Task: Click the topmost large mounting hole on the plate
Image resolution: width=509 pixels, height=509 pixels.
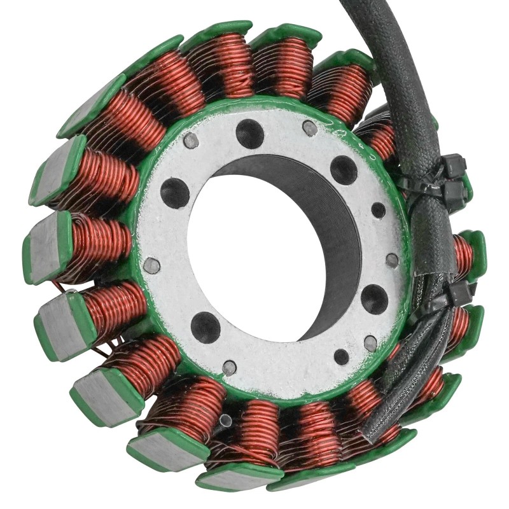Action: (x=250, y=134)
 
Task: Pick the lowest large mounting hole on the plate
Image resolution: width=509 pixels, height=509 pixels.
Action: (x=206, y=327)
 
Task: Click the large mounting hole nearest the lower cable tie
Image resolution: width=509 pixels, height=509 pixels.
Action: (x=374, y=298)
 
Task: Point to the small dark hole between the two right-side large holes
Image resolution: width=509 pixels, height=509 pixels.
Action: (x=379, y=211)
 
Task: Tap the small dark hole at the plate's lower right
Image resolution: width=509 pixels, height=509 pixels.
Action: (x=342, y=357)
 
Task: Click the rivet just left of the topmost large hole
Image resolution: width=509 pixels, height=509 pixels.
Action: (x=191, y=141)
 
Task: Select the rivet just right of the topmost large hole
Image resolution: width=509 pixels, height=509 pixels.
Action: (x=310, y=129)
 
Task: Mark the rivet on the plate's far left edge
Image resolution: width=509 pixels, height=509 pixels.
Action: (x=151, y=265)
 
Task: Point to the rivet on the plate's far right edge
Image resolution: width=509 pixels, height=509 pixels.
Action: (x=393, y=260)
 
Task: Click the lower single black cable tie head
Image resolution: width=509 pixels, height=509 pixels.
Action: (x=459, y=293)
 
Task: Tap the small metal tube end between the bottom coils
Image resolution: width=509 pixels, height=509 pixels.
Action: (x=225, y=421)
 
